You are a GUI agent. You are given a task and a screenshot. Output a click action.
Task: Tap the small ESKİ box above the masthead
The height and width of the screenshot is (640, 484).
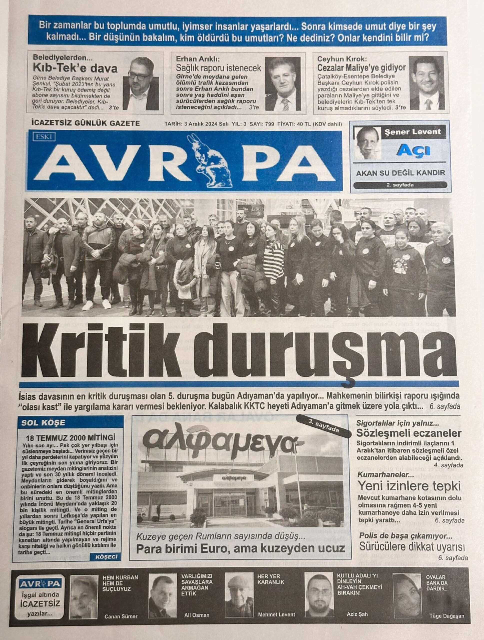44,136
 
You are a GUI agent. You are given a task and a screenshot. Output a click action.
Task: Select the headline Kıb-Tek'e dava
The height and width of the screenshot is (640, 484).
75,68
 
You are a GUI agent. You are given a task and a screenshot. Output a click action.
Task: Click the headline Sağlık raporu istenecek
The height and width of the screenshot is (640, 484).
218,68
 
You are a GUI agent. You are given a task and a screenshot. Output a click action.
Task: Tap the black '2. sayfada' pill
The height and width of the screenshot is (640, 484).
400,185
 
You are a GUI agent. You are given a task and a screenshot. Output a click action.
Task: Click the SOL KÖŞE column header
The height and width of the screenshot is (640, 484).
43,423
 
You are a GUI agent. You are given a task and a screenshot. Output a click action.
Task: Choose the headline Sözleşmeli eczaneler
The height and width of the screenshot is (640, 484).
408,433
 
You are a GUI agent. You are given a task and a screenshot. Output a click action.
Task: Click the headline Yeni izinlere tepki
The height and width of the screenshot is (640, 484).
409,486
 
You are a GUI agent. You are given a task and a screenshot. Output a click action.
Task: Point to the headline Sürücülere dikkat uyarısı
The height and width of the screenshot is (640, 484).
412,547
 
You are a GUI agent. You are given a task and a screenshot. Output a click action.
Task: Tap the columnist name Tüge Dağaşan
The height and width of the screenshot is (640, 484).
446,616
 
